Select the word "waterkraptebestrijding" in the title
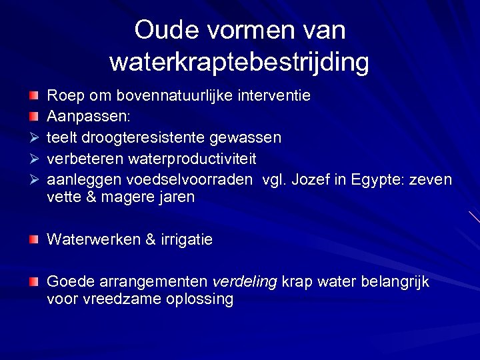[239, 62]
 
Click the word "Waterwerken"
[93, 239]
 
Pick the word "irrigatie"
[185, 239]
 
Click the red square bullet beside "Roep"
[33, 96]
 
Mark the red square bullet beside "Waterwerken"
[33, 239]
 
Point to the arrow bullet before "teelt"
[33, 138]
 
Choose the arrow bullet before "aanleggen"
[33, 180]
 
